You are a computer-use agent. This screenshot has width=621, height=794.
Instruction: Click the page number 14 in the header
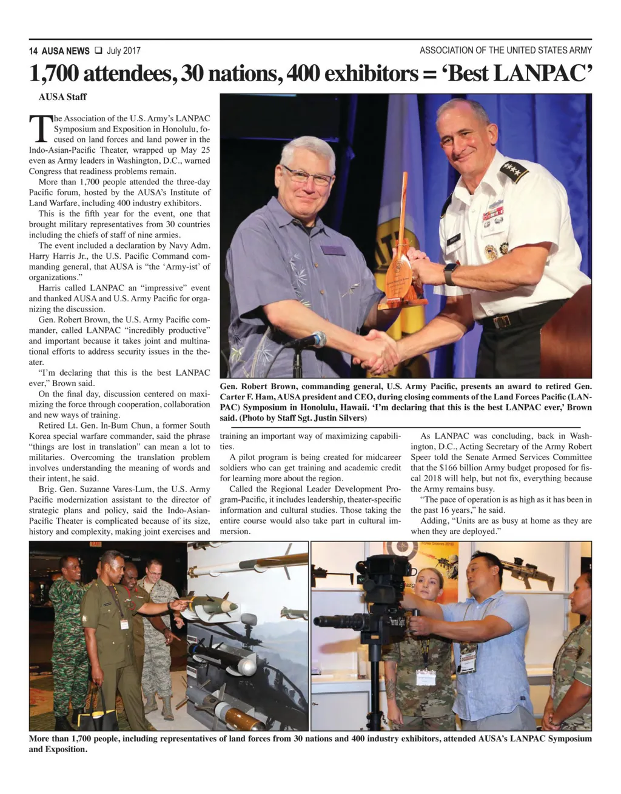[33, 51]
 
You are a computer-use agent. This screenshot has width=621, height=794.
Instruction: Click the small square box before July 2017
[98, 51]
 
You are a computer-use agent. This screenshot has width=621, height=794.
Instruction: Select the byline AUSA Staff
[62, 97]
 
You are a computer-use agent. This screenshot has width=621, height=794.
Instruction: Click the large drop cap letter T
[39, 129]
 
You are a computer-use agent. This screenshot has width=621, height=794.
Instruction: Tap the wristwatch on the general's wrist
[450, 274]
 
